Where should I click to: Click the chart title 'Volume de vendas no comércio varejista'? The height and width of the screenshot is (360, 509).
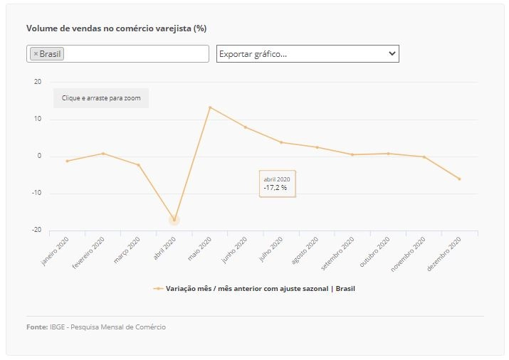[109, 28]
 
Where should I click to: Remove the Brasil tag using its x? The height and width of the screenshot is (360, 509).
[36, 54]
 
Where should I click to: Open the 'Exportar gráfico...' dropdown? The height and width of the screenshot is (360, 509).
[308, 54]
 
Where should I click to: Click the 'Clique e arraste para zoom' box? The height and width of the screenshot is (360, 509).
[101, 98]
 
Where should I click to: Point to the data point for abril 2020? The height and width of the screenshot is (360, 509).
[174, 221]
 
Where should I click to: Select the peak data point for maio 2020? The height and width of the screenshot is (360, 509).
[210, 107]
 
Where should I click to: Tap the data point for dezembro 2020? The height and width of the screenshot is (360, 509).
[459, 179]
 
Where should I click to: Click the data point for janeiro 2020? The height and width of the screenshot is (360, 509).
[67, 161]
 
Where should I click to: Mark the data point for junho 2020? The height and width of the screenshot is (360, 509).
[246, 127]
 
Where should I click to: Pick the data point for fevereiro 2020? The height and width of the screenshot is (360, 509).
[103, 154]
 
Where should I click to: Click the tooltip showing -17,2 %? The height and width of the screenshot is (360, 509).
[277, 184]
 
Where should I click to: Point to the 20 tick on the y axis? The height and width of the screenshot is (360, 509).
[38, 82]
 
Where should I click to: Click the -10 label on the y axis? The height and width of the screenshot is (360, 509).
[37, 193]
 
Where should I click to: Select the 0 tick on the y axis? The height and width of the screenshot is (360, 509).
[39, 156]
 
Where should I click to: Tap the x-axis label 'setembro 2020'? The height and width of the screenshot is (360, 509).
[337, 253]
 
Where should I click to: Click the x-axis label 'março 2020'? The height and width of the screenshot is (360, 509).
[127, 250]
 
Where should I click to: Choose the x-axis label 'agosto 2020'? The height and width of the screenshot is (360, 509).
[305, 250]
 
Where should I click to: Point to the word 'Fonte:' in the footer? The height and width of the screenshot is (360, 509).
[37, 327]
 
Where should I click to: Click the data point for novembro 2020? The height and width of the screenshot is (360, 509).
[424, 157]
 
